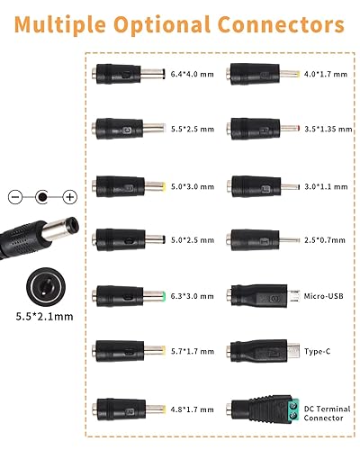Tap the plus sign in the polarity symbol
pos(68,195)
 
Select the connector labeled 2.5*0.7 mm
pos(261,240)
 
